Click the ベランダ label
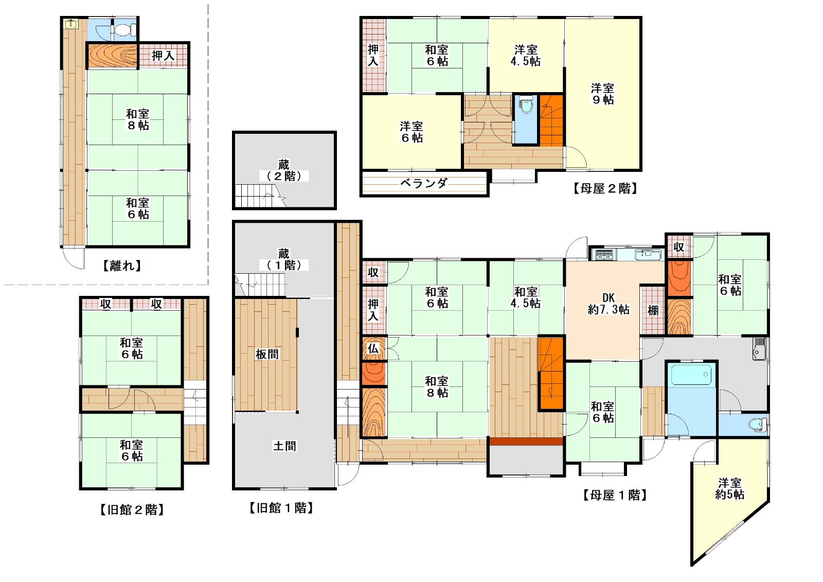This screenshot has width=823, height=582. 424,183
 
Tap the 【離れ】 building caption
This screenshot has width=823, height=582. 121,266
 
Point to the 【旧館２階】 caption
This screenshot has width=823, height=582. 132,510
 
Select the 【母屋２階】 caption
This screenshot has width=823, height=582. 605,189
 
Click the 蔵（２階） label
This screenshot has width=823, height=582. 283,170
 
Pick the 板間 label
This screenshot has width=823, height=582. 267,355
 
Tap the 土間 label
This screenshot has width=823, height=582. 284,446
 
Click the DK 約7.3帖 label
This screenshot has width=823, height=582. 609,304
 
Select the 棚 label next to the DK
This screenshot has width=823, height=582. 653,310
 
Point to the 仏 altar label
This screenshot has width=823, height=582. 373,348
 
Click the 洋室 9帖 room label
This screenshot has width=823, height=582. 602,94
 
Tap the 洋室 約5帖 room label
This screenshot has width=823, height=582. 730,488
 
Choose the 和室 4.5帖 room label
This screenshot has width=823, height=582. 525,297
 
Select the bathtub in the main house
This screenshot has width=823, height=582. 691,374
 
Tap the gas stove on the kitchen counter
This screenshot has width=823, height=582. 604,254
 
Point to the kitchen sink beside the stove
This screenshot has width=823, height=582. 648,254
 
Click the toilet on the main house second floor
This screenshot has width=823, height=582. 526,105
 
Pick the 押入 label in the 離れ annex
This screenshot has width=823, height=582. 163,56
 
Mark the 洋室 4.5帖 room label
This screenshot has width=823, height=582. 525,55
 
